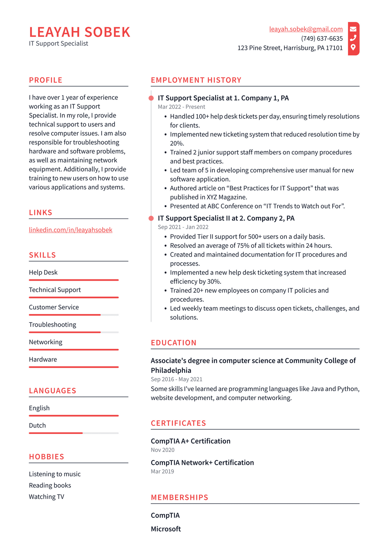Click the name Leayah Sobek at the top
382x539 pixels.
coord(79,32)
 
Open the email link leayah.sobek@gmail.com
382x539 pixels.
coord(306,29)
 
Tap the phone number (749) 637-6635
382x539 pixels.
coord(322,38)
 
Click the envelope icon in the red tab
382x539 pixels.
coord(353,29)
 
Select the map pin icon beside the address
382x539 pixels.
coord(353,47)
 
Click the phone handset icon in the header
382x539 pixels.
coord(353,38)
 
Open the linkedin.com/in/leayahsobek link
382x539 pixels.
coord(71,230)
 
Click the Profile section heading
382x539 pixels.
coord(46,80)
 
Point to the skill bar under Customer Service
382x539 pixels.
coord(73,315)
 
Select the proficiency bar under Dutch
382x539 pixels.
coord(73,433)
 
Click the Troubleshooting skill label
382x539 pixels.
coord(52,324)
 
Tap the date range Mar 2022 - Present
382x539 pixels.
coord(181,107)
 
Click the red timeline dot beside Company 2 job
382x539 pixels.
coord(151,218)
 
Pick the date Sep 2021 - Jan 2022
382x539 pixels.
coord(183,227)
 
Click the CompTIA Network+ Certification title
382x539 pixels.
coord(202,462)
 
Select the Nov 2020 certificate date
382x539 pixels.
coord(162,450)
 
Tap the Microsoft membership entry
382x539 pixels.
coord(166,529)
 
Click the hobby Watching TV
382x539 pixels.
coord(46,497)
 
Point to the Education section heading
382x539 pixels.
coord(173,343)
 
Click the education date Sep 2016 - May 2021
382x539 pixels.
coord(176,379)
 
